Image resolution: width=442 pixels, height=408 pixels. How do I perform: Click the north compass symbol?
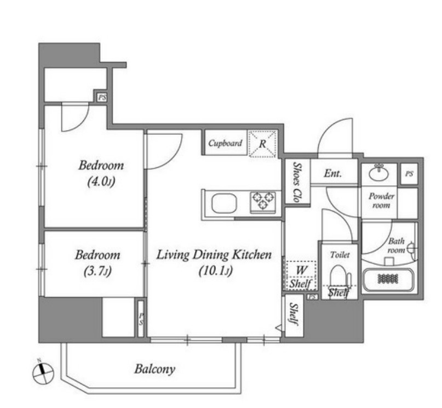click(43, 372)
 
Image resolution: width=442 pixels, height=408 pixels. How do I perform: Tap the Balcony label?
click(155, 369)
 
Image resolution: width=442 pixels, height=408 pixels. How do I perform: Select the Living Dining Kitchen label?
click(214, 255)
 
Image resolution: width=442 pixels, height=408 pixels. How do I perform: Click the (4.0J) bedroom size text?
click(101, 182)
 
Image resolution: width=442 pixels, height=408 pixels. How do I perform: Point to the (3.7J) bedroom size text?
click(97, 271)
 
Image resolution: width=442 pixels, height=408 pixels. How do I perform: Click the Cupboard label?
click(225, 143)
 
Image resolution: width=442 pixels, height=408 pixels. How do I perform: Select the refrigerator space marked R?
click(262, 143)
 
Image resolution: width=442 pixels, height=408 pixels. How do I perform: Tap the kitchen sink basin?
click(225, 203)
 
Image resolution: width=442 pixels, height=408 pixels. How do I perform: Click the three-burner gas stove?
click(263, 201)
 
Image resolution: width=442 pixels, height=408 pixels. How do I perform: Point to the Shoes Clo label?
click(296, 182)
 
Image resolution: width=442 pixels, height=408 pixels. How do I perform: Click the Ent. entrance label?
click(332, 173)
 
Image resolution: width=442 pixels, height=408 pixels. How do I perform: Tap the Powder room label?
click(381, 200)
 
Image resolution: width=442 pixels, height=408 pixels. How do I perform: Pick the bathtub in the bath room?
click(388, 280)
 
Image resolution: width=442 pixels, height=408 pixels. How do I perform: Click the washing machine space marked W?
click(301, 270)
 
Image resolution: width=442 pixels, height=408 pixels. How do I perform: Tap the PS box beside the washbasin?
click(409, 174)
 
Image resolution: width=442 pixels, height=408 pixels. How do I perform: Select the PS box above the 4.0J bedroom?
click(102, 98)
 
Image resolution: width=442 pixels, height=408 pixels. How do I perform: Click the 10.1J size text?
click(216, 271)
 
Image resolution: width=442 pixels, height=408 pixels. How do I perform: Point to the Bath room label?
click(397, 246)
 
